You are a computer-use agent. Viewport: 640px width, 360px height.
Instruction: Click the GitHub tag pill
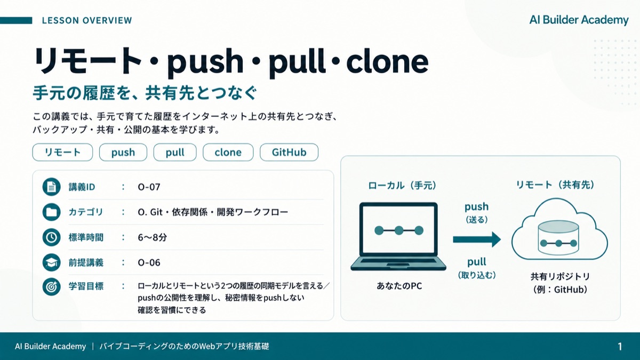(289, 153)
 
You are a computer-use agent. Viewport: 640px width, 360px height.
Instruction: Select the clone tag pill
(228, 153)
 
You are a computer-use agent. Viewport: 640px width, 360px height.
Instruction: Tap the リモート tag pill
(62, 153)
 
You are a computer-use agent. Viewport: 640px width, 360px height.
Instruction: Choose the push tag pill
(123, 153)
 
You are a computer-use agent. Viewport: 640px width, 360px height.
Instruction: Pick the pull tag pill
(175, 153)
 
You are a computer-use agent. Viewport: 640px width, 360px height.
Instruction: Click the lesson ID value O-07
(149, 187)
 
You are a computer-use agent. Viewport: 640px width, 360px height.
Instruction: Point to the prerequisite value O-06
(149, 262)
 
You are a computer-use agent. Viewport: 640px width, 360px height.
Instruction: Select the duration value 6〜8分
(153, 237)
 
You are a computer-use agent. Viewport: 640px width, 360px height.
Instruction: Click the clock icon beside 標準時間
(51, 237)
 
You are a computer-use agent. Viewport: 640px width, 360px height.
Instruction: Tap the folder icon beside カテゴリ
(51, 212)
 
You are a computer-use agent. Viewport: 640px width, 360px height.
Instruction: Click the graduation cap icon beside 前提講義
(51, 262)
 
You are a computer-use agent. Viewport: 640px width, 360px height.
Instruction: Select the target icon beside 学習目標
(51, 286)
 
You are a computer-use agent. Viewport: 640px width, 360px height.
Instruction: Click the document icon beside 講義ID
(51, 187)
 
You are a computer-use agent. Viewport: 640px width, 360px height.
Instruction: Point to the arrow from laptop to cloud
(477, 239)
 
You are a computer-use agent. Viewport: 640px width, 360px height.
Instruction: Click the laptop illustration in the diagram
(398, 236)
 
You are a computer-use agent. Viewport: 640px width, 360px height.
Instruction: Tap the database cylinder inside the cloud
(558, 237)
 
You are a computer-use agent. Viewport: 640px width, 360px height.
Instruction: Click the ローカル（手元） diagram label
(402, 186)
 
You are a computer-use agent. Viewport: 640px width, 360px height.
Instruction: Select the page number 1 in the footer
(620, 347)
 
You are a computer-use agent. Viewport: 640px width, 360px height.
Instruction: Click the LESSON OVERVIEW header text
(87, 21)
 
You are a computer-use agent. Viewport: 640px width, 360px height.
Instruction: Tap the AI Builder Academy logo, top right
(579, 20)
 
